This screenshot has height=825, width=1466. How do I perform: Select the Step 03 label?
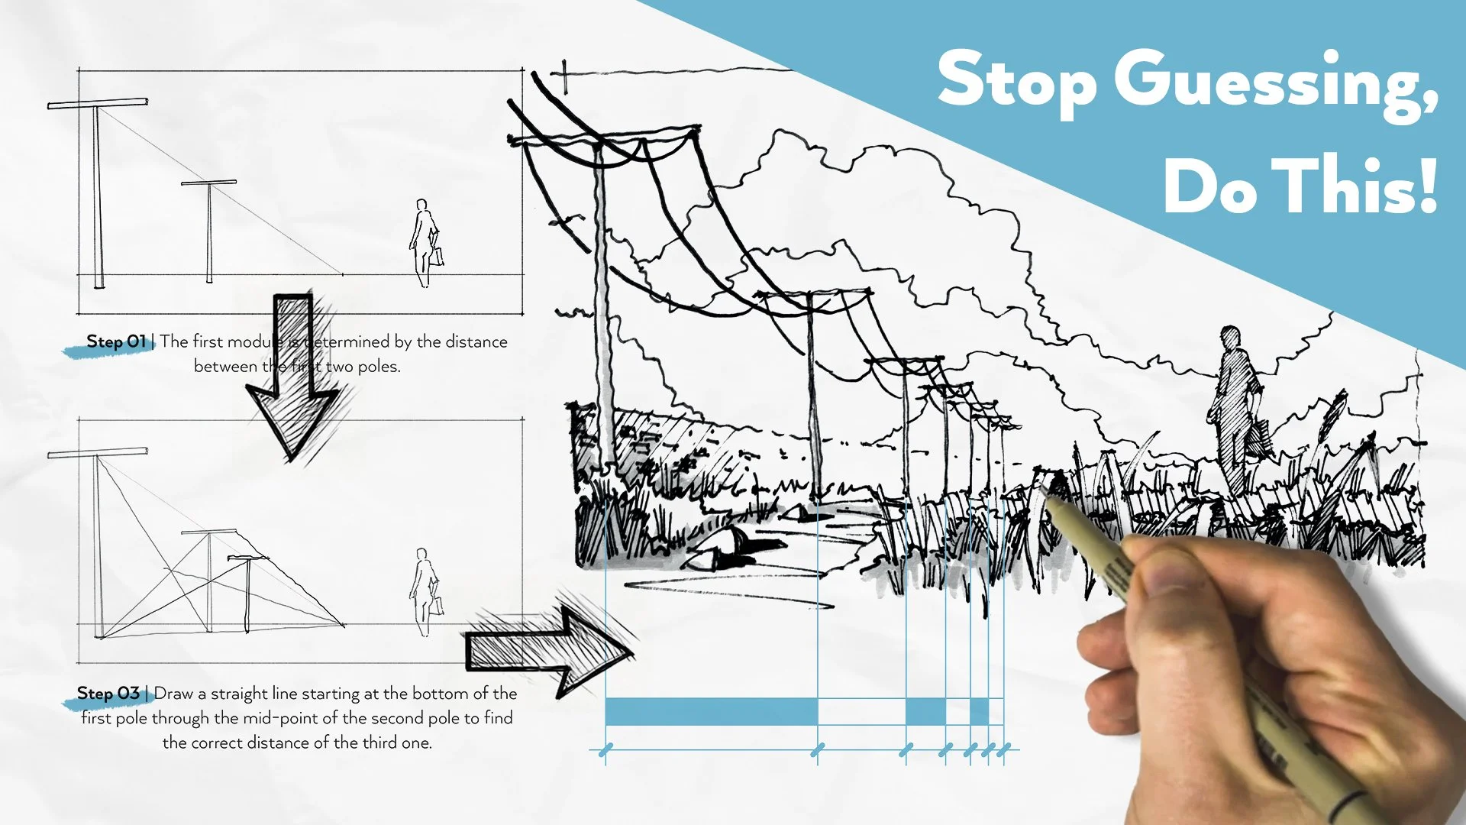coord(108,694)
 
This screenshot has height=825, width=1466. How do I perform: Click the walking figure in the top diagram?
coord(425,243)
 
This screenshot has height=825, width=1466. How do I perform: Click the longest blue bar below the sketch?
coord(711,711)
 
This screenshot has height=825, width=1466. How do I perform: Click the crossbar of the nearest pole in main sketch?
coord(603,136)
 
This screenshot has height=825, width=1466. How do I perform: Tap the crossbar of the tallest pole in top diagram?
coord(98,103)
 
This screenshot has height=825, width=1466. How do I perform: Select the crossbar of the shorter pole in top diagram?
coord(208,183)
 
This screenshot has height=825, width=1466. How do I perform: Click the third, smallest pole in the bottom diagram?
coord(247,592)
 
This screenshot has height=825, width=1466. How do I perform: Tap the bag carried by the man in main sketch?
coord(1256,439)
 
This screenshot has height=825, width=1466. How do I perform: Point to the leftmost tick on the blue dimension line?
coord(605,751)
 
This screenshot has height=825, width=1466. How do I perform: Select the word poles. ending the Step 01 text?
coord(379,367)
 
